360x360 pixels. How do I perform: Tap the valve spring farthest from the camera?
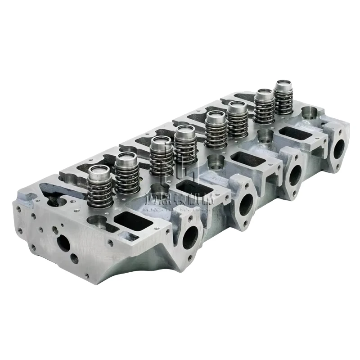tap(284, 97)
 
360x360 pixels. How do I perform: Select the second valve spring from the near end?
tap(127, 175)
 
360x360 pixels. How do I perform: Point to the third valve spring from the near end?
tap(161, 157)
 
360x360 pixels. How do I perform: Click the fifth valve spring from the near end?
tap(216, 130)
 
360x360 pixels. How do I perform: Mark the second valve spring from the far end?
tap(264, 107)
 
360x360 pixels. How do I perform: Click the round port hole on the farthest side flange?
tap(339, 149)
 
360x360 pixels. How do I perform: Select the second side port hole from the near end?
tap(247, 205)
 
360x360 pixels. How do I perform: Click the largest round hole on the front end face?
tap(63, 243)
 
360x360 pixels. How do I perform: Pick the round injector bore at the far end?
tap(309, 112)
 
